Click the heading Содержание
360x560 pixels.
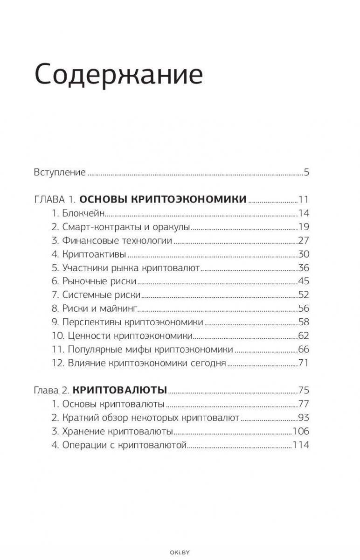pyautogui.click(x=118, y=75)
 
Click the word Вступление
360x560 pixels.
pyautogui.click(x=60, y=173)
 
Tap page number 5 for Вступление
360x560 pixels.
pyautogui.click(x=306, y=173)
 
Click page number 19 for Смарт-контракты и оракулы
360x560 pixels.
pyautogui.click(x=304, y=227)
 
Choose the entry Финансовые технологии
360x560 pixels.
pyautogui.click(x=112, y=241)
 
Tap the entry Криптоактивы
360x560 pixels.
pyautogui.click(x=89, y=254)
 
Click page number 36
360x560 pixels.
pyautogui.click(x=304, y=268)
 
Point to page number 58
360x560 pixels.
pyautogui.click(x=304, y=322)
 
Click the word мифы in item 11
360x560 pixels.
pyautogui.click(x=139, y=349)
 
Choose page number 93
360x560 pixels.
pyautogui.click(x=304, y=418)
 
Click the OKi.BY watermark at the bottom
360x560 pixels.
pyautogui.click(x=180, y=553)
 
